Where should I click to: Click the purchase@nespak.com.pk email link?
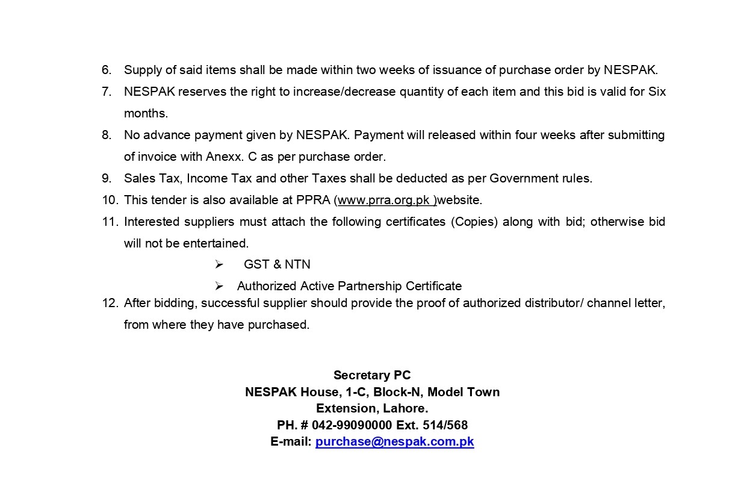point(394,441)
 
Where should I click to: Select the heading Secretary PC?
point(372,375)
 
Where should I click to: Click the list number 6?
point(107,70)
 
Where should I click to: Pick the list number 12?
point(109,303)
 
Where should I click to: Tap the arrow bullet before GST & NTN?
point(219,264)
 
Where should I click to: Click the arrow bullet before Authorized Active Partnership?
point(219,286)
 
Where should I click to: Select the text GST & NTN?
point(277,264)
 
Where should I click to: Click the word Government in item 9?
point(522,178)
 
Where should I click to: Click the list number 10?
point(109,200)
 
